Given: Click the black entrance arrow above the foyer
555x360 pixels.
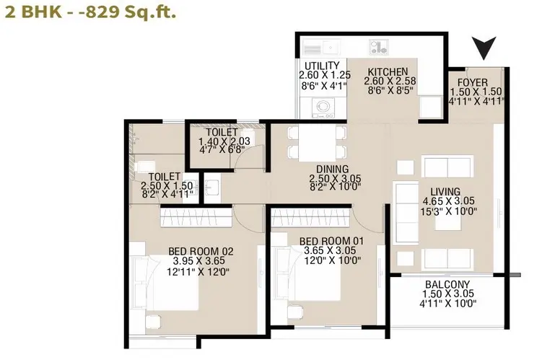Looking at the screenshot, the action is pos(484,46).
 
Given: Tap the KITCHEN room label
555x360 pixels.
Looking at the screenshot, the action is pos(388,72).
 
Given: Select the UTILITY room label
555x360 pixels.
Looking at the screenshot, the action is pos(322,66).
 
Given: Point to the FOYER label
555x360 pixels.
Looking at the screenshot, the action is pos(472,83).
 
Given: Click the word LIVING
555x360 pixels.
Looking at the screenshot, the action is pos(445,192).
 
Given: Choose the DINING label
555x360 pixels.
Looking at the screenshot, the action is pos(333,170).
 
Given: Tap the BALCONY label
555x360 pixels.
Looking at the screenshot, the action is pos(447,284).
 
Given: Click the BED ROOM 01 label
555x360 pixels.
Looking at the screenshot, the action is pos(331,241).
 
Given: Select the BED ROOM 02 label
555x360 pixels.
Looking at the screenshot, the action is pos(201,251).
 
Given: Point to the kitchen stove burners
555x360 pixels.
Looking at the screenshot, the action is pos(378,47).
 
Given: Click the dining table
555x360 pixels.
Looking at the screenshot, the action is pos(317,143).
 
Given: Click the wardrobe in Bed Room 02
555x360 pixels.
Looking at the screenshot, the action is pos(196,217).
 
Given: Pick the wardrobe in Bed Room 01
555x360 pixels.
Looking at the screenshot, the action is pos(310,217).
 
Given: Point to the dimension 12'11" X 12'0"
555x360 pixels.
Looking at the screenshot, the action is pos(198,272).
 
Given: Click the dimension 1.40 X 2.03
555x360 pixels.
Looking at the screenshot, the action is pos(224,141).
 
